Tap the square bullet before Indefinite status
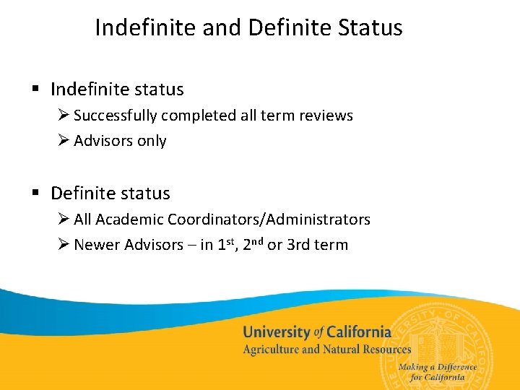coord(35,90)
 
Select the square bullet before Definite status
coord(35,193)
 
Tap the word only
coord(152,141)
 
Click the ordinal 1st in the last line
coord(226,244)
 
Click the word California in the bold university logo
coord(358,332)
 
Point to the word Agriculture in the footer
coord(271,350)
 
